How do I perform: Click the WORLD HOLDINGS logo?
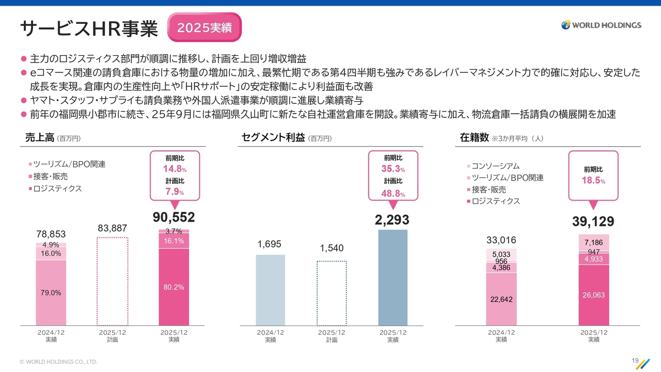[601, 25]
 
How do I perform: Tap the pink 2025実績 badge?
[204, 28]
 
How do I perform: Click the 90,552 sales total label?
[174, 218]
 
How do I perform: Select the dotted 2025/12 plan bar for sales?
[113, 281]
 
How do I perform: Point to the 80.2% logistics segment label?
[174, 287]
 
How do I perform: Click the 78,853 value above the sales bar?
[51, 235]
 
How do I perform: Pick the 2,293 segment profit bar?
[392, 277]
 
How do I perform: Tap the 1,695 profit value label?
[270, 244]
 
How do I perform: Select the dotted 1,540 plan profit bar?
[332, 292]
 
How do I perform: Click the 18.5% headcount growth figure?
[593, 180]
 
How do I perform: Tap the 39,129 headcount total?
[593, 222]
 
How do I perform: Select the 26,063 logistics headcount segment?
[594, 295]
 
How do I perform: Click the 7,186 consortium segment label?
[594, 242]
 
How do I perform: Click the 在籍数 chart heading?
[474, 138]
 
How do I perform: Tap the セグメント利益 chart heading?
[273, 138]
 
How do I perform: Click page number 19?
[635, 361]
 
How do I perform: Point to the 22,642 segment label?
[501, 299]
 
